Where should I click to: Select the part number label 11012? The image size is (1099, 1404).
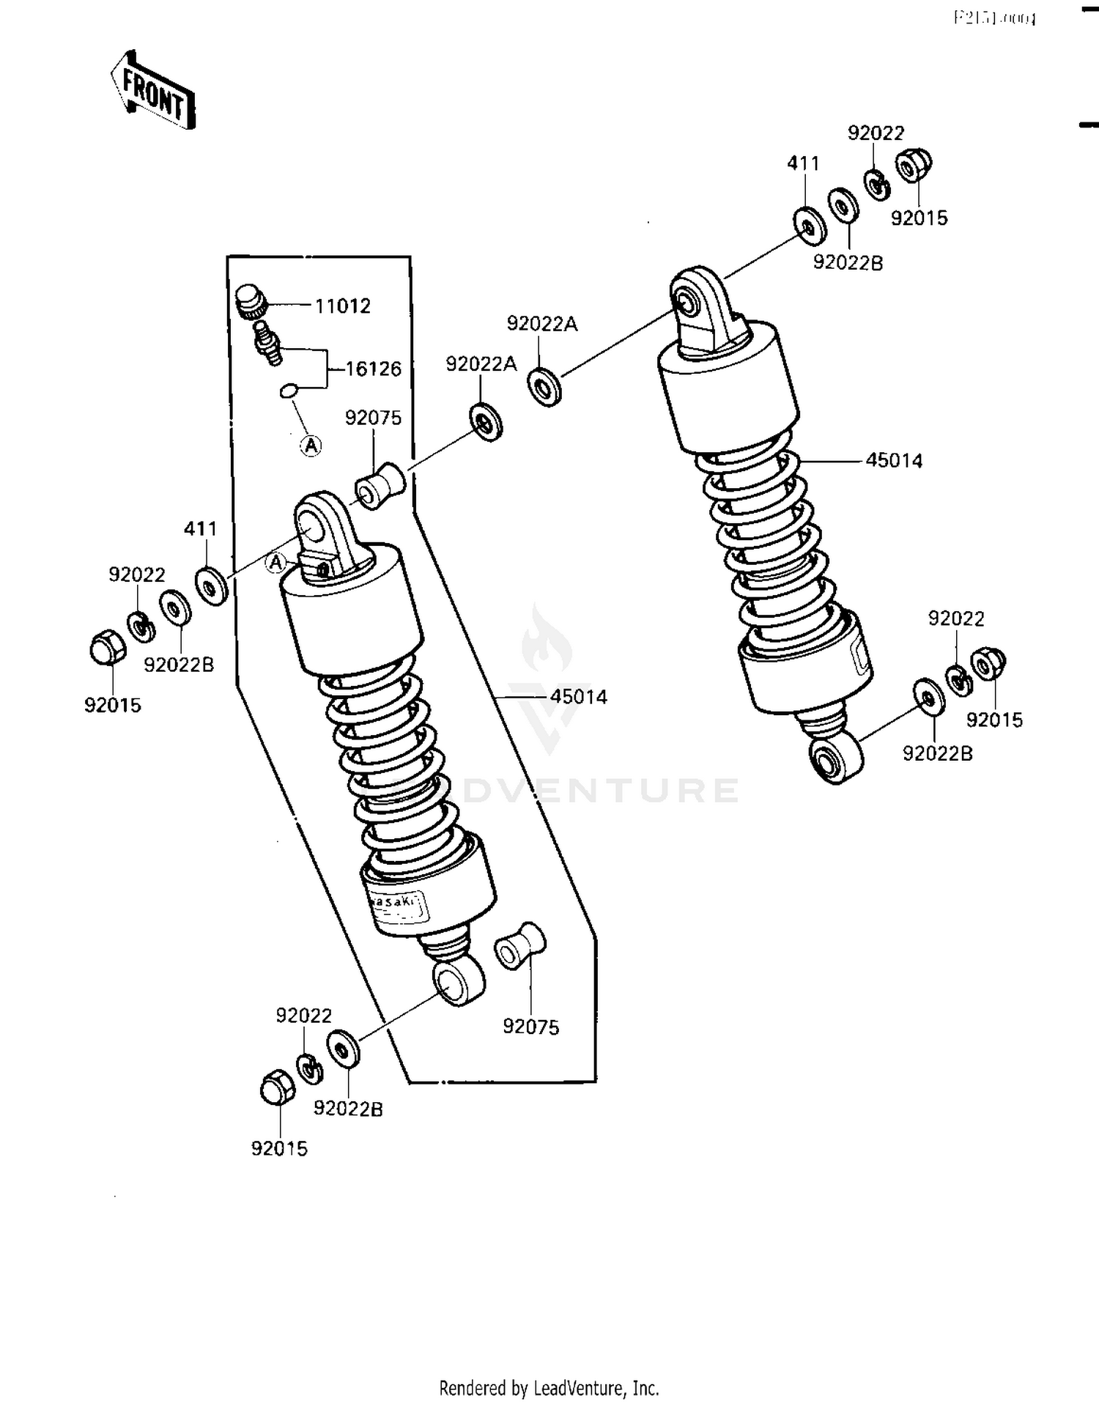pyautogui.click(x=343, y=306)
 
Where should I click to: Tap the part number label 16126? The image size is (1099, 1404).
pyautogui.click(x=374, y=369)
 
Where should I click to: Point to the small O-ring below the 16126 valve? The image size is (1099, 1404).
pyautogui.click(x=289, y=390)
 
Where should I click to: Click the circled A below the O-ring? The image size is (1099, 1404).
pyautogui.click(x=311, y=445)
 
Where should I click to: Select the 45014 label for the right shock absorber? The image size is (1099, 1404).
pyautogui.click(x=894, y=461)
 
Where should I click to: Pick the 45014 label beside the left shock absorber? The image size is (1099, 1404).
pyautogui.click(x=579, y=697)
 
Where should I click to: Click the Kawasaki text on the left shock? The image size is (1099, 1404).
pyautogui.click(x=396, y=901)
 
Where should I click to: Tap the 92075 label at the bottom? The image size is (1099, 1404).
pyautogui.click(x=530, y=1027)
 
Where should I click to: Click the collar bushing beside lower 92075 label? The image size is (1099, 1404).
pyautogui.click(x=520, y=946)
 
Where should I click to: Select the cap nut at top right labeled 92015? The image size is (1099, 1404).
pyautogui.click(x=914, y=165)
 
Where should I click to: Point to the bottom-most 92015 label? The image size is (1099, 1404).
pyautogui.click(x=279, y=1148)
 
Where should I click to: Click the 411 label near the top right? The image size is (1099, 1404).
pyautogui.click(x=803, y=163)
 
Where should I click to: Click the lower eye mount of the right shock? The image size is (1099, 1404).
pyautogui.click(x=835, y=760)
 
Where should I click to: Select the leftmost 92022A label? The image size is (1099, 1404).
pyautogui.click(x=481, y=364)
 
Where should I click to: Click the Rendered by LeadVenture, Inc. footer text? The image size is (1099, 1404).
pyautogui.click(x=549, y=1388)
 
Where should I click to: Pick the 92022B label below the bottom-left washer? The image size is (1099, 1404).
pyautogui.click(x=348, y=1109)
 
